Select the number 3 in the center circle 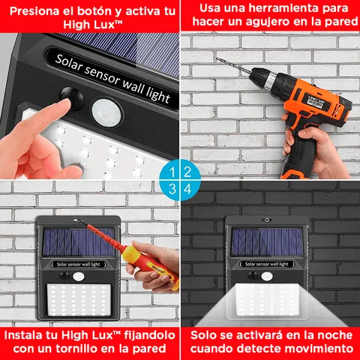(x=172, y=187)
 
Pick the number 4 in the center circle (x=187, y=187)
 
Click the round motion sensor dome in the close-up (x=106, y=112)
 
